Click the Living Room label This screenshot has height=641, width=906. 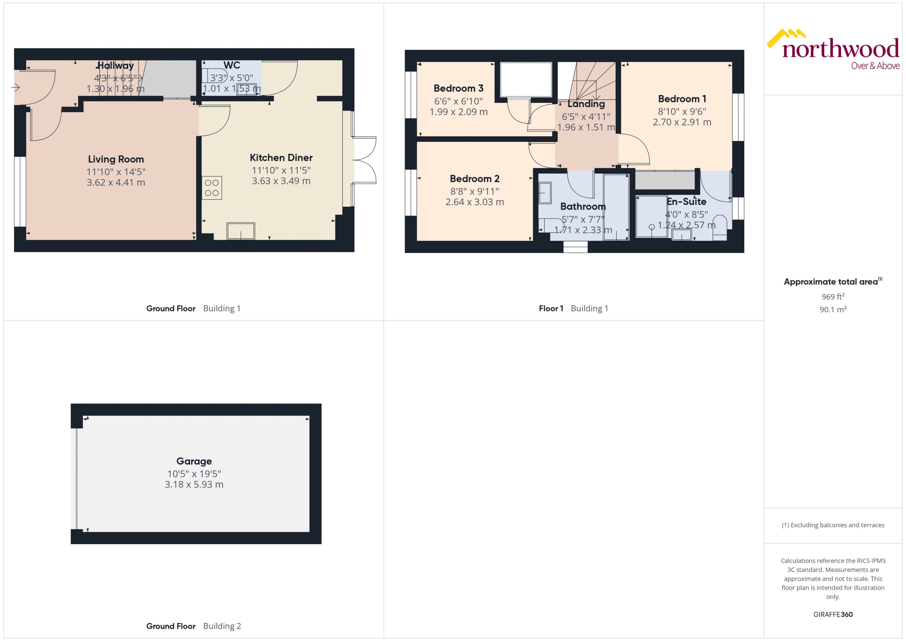tap(116, 159)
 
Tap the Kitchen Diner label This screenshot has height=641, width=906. tap(281, 158)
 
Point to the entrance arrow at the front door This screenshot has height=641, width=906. tap(16, 87)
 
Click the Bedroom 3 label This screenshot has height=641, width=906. tap(458, 88)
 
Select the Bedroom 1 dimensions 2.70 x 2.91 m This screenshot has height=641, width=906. tap(682, 122)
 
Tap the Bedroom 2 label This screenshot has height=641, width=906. tap(474, 178)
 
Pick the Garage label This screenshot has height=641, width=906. tap(194, 461)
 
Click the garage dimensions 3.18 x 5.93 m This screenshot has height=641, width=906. tap(194, 484)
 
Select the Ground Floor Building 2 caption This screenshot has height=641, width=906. tap(193, 626)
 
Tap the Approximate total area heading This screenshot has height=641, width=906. tap(832, 282)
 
